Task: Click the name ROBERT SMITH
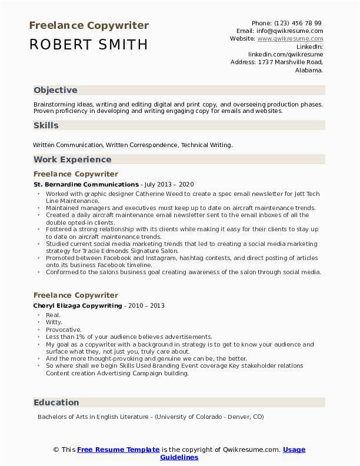88,44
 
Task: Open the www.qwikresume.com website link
290,38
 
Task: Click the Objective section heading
55,90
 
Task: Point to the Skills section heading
46,125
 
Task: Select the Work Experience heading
72,159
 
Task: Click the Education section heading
56,402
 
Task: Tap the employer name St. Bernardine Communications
86,184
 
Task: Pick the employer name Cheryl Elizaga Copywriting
78,306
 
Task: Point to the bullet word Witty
54,322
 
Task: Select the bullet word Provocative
64,329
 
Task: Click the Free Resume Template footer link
118,450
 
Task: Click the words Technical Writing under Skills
206,144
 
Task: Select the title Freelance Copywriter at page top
88,25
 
